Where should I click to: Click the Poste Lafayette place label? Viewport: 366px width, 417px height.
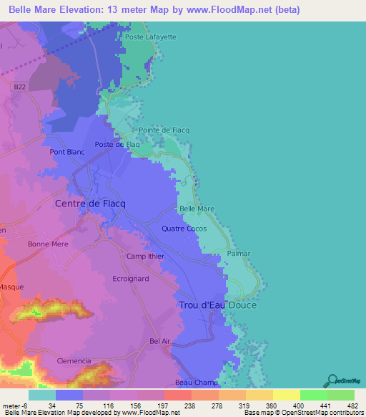click(150, 36)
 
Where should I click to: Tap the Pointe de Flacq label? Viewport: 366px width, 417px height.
click(164, 130)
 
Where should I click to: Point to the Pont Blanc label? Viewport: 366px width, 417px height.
click(67, 152)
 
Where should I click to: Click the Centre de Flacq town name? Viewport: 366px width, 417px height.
click(91, 204)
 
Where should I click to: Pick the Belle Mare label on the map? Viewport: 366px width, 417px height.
click(197, 209)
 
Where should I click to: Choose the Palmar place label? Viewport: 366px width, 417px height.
click(238, 254)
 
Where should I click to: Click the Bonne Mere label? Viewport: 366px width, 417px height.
click(46, 244)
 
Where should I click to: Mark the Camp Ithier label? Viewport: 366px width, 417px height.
click(146, 257)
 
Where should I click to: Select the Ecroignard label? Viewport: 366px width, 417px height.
click(131, 279)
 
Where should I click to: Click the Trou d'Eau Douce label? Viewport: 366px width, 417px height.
click(217, 305)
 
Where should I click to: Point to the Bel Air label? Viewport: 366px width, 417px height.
click(160, 341)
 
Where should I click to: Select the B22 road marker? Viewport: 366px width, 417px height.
click(19, 87)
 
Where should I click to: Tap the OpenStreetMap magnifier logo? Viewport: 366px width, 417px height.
click(332, 380)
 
